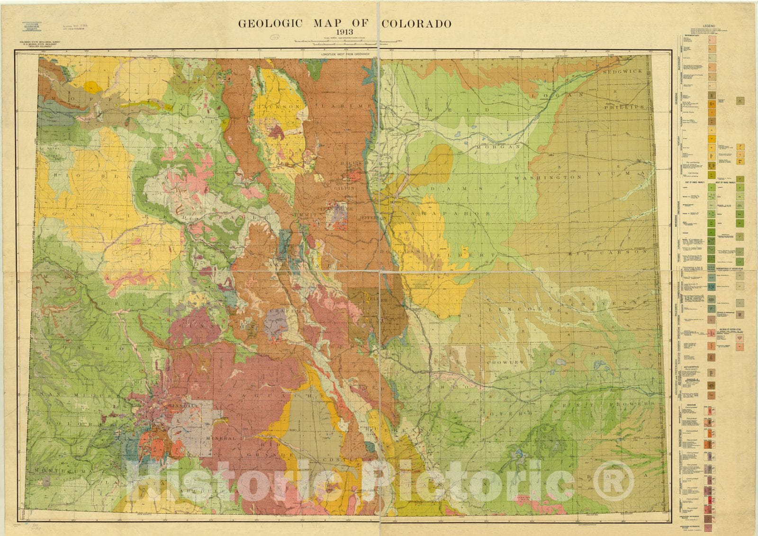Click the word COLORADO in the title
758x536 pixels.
click(416, 24)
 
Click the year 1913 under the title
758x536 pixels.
click(344, 33)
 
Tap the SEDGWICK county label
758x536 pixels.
click(623, 71)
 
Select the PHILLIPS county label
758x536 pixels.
click(624, 107)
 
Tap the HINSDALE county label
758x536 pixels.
click(178, 406)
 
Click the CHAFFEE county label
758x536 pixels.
click(286, 310)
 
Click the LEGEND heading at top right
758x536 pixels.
click(709, 26)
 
